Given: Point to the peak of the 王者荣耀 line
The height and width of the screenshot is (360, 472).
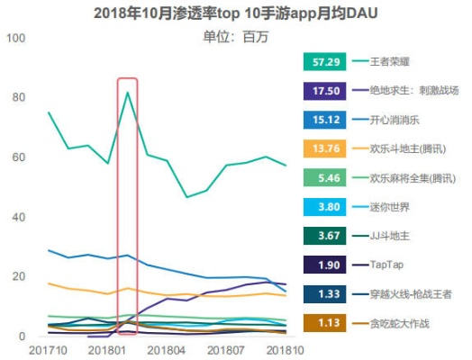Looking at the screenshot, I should [128, 93].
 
